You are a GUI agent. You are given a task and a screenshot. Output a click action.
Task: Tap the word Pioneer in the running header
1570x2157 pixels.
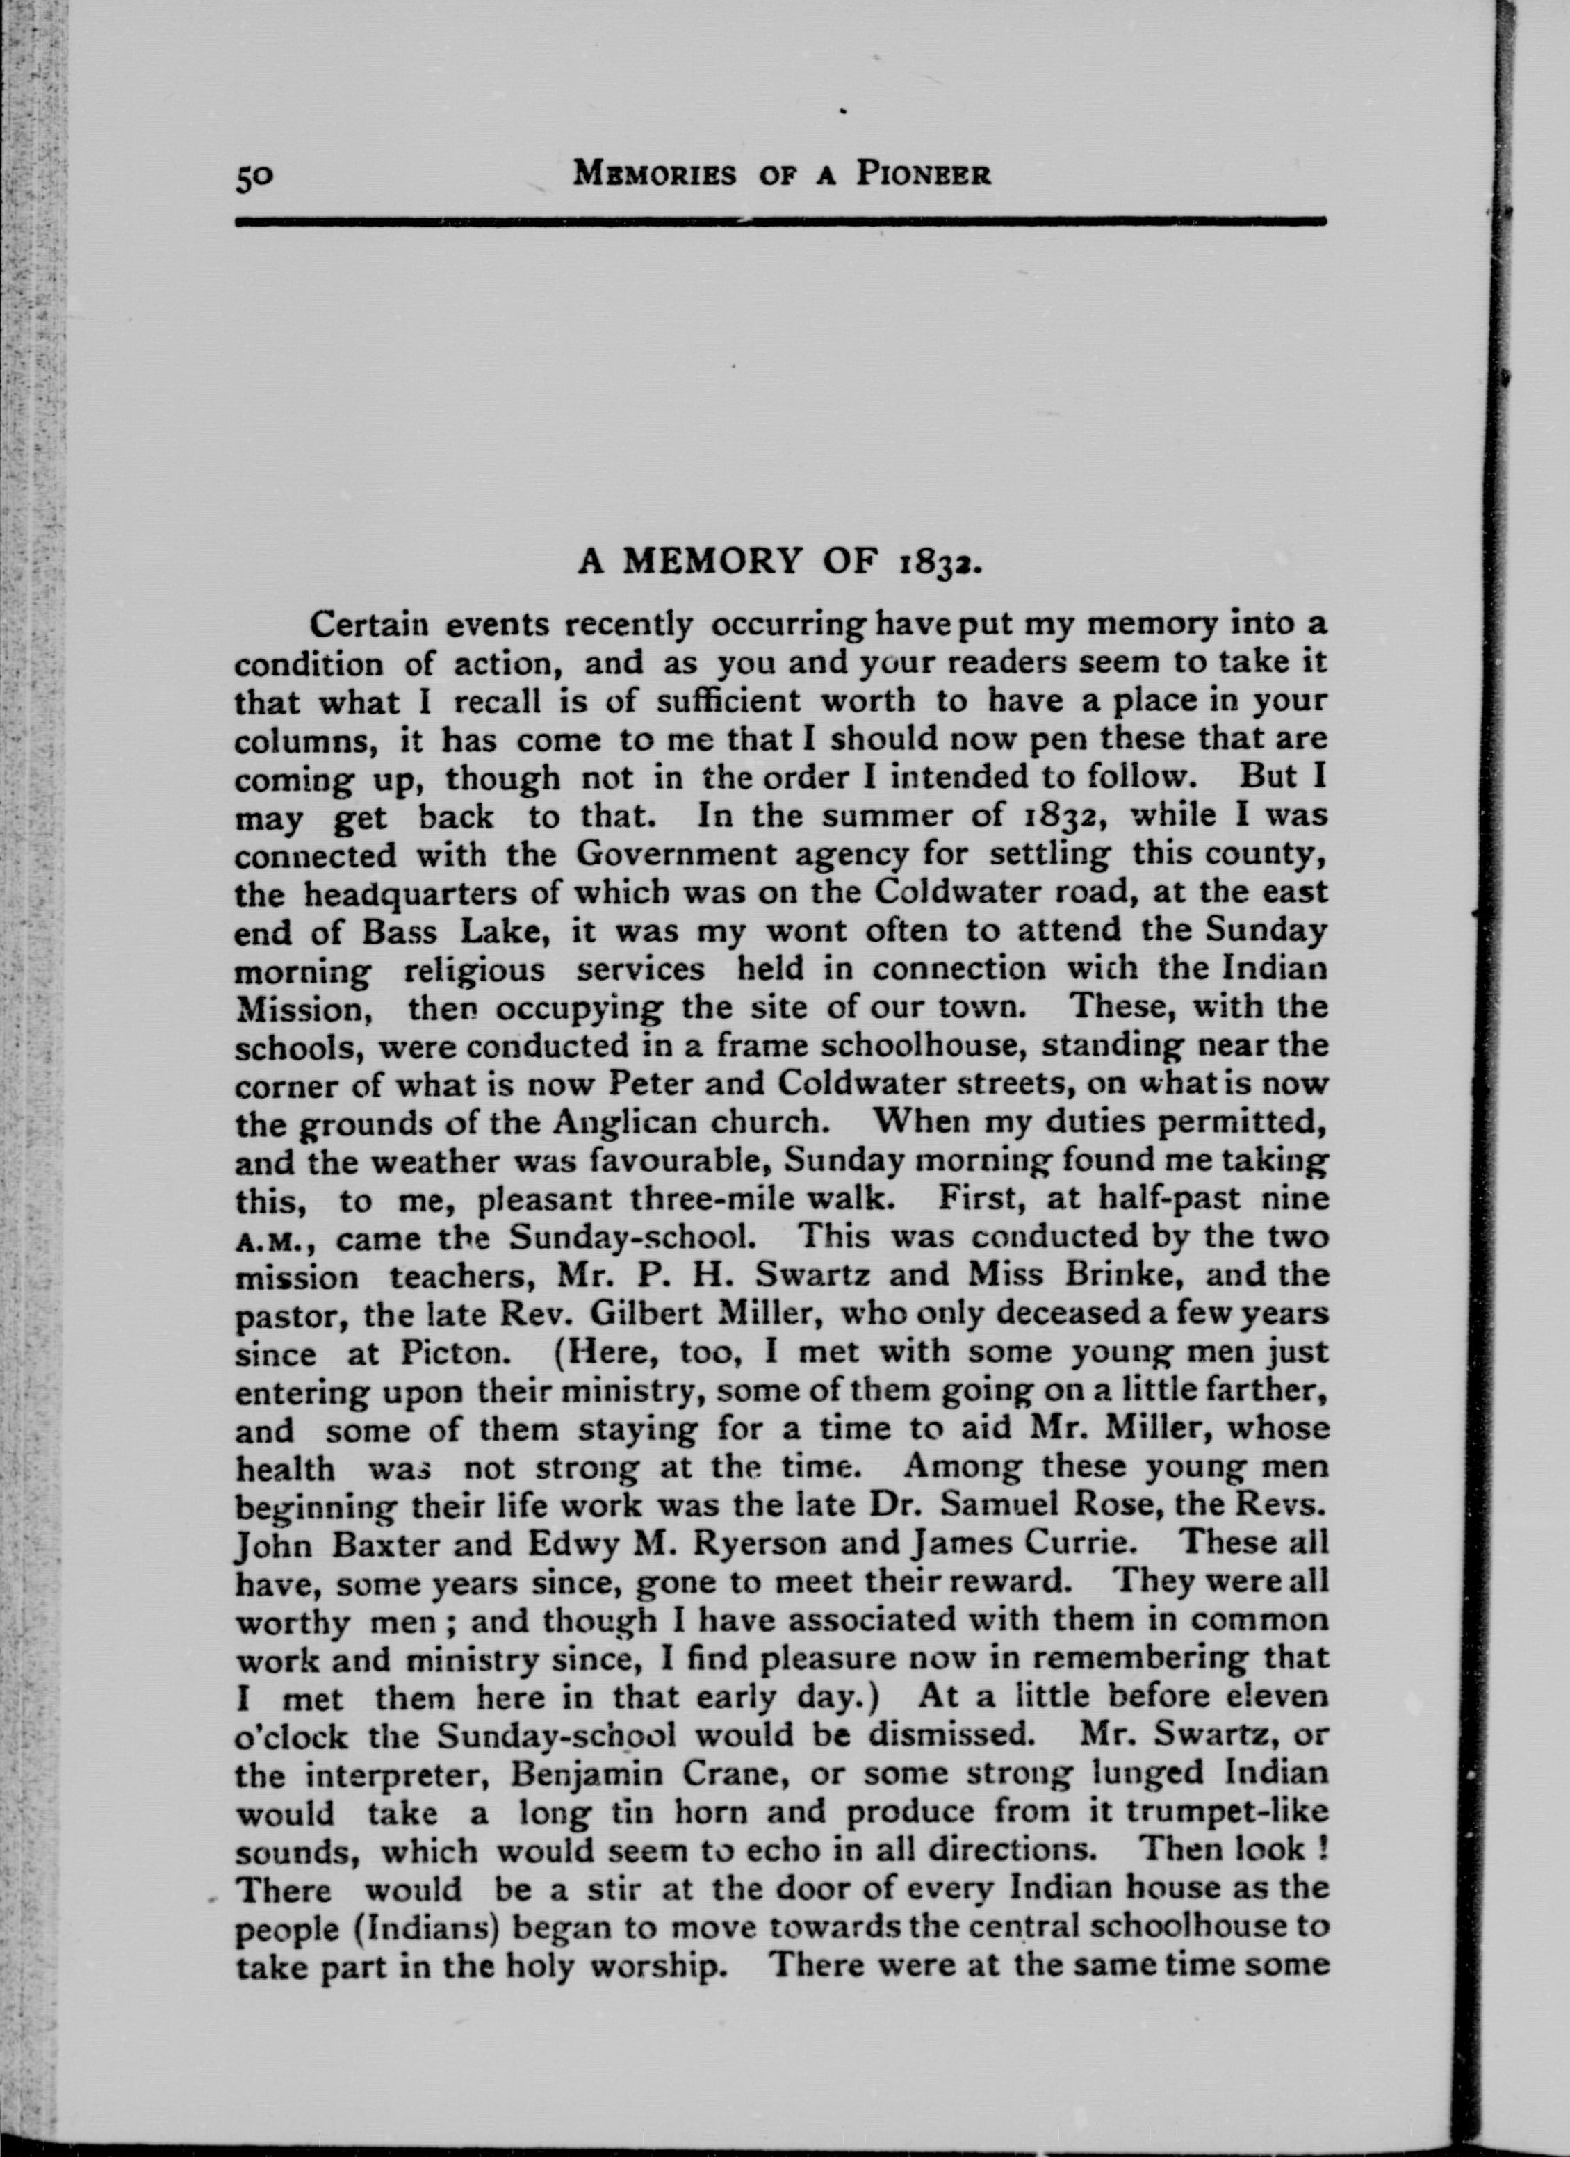[x=922, y=174]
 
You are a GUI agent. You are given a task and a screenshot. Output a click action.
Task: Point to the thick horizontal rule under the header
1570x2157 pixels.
[x=780, y=222]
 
